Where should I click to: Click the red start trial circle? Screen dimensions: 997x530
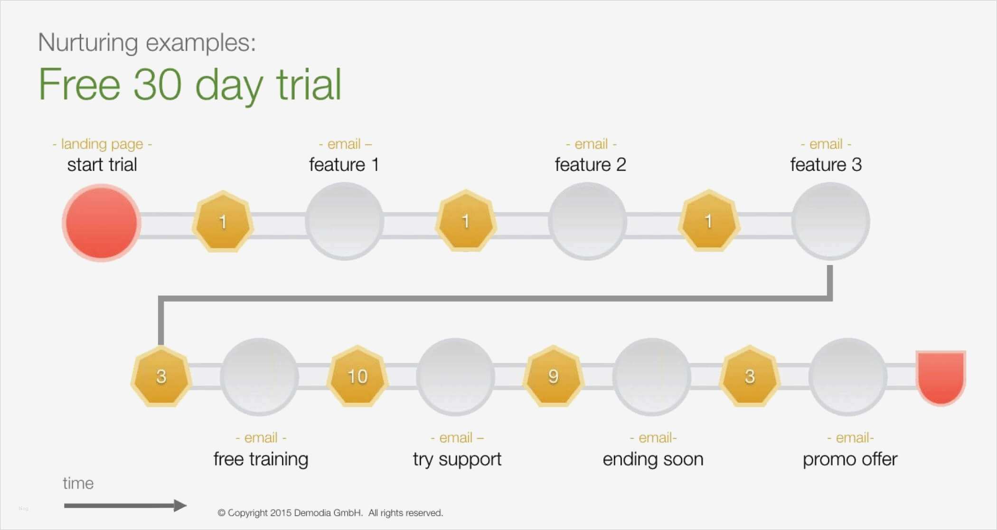click(x=101, y=223)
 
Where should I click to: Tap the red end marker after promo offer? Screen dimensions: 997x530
click(x=941, y=378)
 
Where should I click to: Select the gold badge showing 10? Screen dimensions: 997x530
click(x=357, y=376)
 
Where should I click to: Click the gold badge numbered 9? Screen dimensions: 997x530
click(x=553, y=376)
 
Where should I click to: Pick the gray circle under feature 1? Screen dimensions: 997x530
click(x=344, y=221)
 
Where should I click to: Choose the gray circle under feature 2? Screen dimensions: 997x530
click(x=588, y=221)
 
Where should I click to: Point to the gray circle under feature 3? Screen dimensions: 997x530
click(x=830, y=221)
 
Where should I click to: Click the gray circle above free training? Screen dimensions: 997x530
click(x=260, y=377)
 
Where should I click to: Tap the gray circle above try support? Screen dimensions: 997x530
click(x=456, y=377)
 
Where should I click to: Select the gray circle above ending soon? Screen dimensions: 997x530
click(x=652, y=377)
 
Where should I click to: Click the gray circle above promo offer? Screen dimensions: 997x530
click(x=848, y=377)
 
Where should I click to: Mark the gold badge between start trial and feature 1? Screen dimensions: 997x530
click(x=223, y=221)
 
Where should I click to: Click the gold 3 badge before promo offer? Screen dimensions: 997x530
click(x=750, y=376)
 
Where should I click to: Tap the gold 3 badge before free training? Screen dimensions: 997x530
click(x=161, y=376)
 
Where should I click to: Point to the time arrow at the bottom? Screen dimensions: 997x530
click(x=125, y=505)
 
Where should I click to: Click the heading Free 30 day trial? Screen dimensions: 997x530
click(x=190, y=85)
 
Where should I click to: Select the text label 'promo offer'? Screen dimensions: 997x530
click(x=850, y=459)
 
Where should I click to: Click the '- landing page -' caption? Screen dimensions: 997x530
click(x=102, y=144)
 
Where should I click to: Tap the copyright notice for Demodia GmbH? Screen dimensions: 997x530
click(x=330, y=513)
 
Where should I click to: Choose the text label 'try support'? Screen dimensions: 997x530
click(x=457, y=459)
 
